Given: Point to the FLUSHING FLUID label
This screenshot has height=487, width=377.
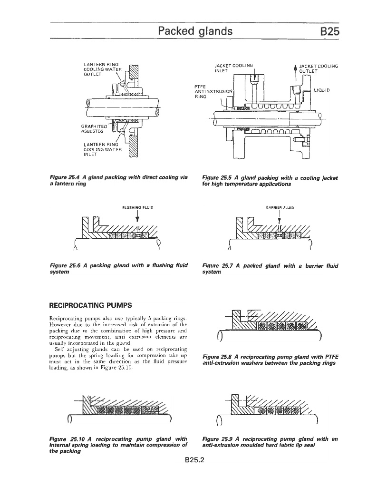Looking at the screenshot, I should pos(137,207).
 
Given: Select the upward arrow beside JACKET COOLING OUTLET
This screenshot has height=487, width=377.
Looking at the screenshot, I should pos(295,69).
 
